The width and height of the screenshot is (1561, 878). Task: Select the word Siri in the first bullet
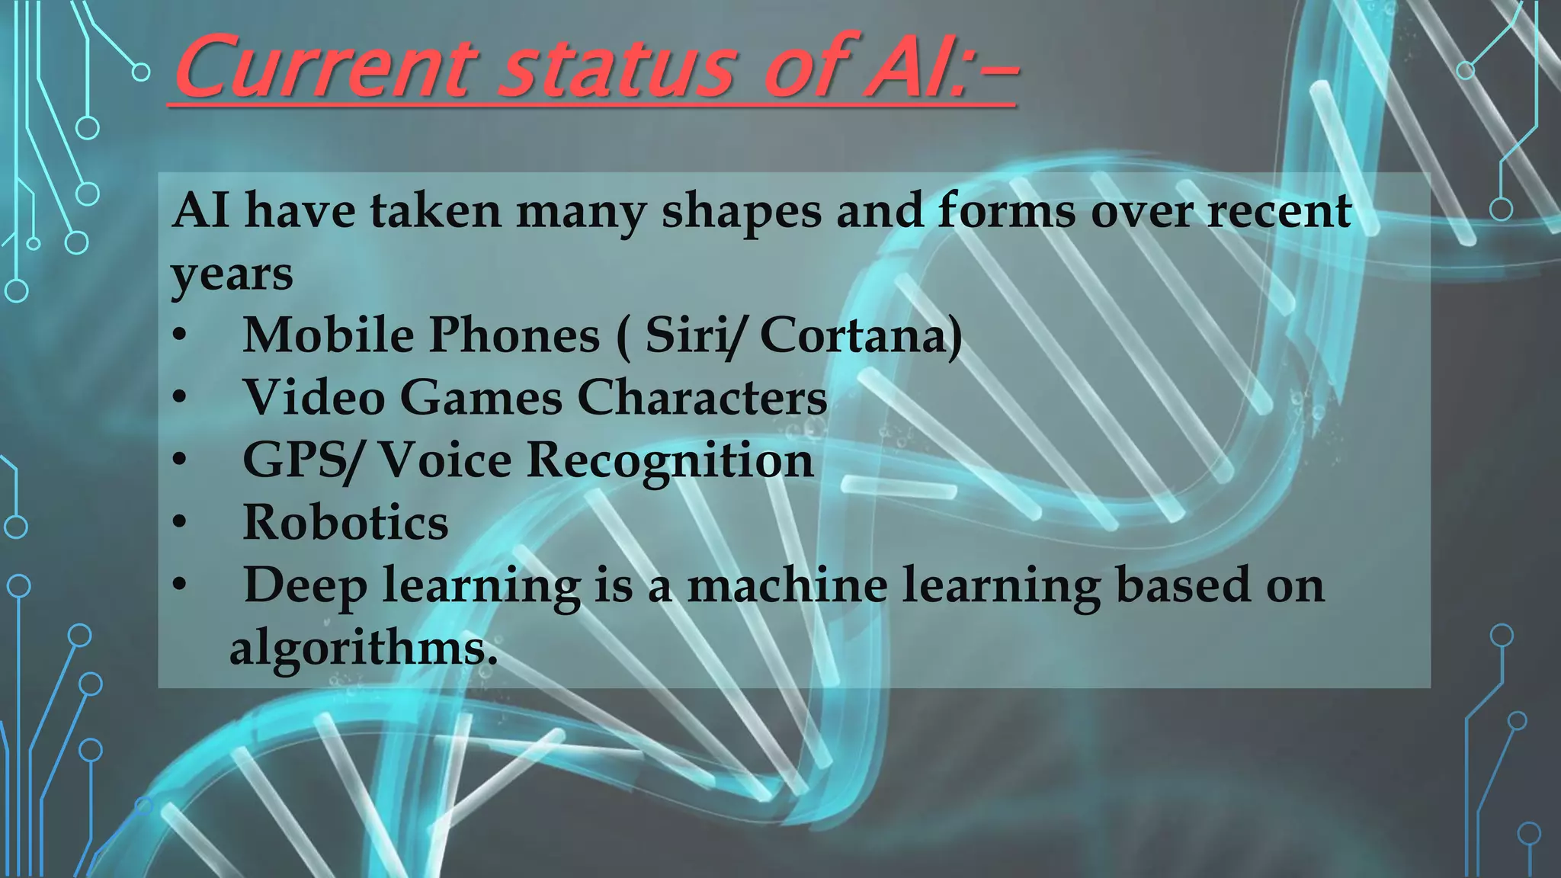[x=692, y=335]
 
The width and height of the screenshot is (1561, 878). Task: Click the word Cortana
[x=860, y=335]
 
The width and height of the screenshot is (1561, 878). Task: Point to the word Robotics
[x=345, y=523]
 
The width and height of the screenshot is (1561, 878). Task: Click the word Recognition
[x=670, y=460]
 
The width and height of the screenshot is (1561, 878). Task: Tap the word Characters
[x=702, y=398]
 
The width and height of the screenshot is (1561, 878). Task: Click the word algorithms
[x=364, y=648]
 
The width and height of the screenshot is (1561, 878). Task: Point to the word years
[x=232, y=274]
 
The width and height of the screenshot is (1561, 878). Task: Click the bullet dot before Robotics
[x=179, y=523]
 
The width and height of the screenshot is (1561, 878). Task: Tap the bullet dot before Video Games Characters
[x=179, y=398]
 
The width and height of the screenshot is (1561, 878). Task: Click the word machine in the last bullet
[x=787, y=585]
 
